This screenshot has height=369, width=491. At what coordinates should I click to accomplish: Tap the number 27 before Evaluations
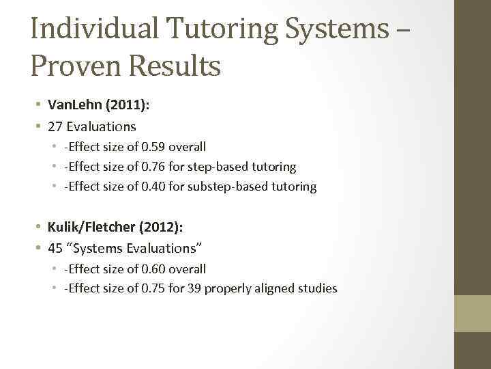55,126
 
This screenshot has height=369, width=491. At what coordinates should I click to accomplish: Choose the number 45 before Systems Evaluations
55,248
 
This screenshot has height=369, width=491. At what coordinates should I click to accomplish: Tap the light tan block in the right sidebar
473,312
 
